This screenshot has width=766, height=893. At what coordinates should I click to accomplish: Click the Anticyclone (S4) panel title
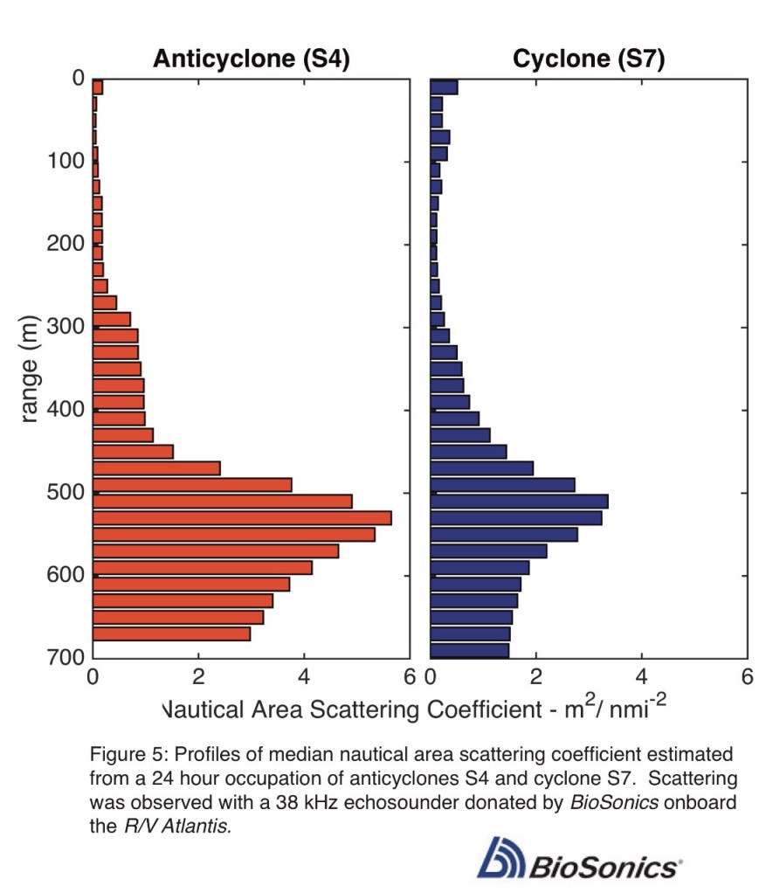[252, 59]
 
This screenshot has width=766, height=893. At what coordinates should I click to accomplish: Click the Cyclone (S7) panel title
[589, 59]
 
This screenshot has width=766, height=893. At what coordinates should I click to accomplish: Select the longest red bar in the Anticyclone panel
[242, 518]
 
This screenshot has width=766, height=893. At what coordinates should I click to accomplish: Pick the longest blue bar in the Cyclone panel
[519, 502]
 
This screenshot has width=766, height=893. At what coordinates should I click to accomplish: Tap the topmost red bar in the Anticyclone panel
[98, 87]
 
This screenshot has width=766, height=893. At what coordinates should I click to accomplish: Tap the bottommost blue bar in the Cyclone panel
[470, 649]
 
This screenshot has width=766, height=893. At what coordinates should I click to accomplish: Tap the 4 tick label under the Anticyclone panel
[304, 678]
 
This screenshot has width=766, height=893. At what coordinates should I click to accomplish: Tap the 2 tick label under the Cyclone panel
[536, 678]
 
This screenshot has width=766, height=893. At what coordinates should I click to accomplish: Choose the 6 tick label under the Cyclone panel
[747, 678]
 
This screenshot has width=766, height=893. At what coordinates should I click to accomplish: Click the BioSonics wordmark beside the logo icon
[603, 867]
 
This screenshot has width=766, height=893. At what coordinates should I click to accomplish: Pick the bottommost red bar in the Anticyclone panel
[172, 633]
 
